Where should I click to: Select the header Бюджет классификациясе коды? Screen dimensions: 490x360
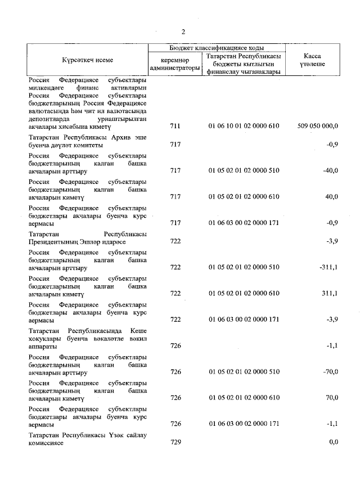tap(217, 48)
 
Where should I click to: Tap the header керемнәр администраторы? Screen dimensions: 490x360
tap(174, 64)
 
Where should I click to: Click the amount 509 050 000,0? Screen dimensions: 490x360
tap(317, 127)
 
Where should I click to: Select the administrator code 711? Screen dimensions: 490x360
tap(175, 127)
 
